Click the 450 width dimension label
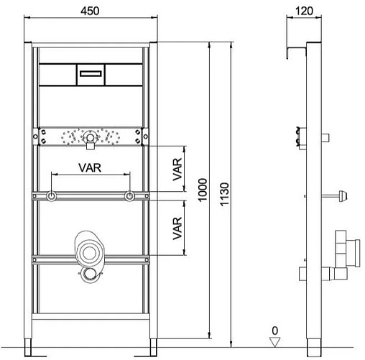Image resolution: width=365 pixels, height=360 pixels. pos(90,11)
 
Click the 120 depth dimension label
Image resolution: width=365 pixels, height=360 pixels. pos(304,11)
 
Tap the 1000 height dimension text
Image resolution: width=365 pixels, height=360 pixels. pos(203,190)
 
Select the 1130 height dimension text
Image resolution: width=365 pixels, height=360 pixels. pos(225,194)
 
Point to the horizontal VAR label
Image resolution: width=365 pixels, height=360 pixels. pos(90,167)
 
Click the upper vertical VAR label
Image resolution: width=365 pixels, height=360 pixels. pos(177,170)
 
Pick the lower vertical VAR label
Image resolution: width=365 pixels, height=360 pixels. pos(177,229)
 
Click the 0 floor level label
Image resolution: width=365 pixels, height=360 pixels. pos(275,331)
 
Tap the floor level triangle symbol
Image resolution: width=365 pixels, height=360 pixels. pos(274,342)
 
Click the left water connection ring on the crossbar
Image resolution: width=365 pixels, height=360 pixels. pos(51,196)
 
